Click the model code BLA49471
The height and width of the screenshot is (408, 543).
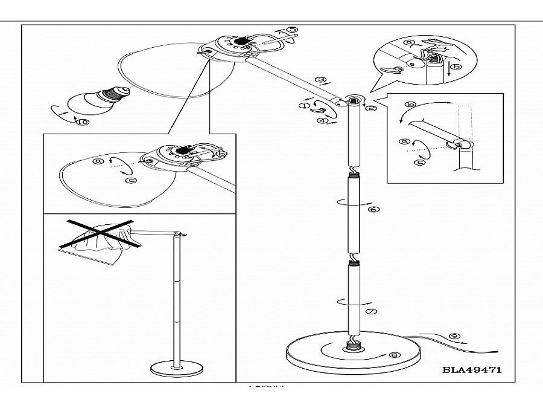tap(472, 369)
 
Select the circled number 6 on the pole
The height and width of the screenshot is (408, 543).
tap(372, 209)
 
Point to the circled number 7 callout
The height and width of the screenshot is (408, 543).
tap(371, 311)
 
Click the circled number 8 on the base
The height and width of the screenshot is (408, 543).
tap(395, 355)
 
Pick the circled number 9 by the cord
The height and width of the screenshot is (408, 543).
tap(455, 336)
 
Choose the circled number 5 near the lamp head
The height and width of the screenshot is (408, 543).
tap(291, 30)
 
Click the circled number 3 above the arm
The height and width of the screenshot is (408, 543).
tap(322, 79)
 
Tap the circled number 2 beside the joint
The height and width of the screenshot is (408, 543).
tap(372, 108)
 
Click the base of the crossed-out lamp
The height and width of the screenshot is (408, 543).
tap(177, 369)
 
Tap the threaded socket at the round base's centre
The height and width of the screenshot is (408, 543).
tap(351, 347)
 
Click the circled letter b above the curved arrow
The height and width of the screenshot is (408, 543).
tap(411, 105)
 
